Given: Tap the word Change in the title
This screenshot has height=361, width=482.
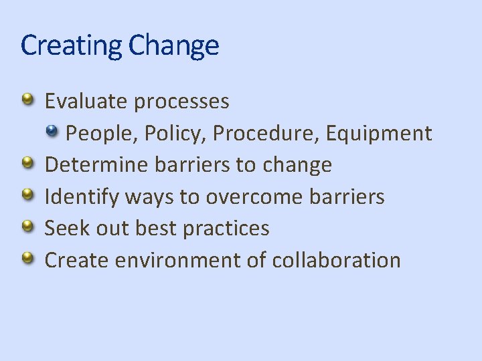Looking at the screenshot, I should tap(173, 45).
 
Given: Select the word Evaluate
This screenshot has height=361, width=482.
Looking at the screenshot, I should tap(86, 102).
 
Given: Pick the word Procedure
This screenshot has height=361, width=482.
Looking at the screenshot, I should tap(266, 134).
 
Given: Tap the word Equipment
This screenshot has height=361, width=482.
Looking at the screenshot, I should tap(379, 134).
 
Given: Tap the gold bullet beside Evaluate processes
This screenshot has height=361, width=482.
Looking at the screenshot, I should tap(28, 100).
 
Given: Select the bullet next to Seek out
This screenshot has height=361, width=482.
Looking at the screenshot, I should tap(28, 227).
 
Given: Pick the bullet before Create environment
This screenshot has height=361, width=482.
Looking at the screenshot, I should tap(28, 258).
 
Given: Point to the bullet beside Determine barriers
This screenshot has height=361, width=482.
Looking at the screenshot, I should tap(28, 163).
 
